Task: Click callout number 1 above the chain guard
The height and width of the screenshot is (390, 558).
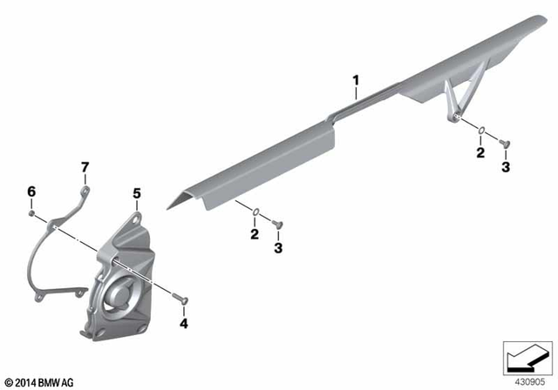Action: (356, 82)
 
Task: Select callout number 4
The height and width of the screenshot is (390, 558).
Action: (183, 323)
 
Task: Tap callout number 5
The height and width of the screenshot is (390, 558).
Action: (136, 192)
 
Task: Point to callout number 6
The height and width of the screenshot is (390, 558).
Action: (31, 192)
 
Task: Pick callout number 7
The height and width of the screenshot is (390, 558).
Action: (85, 166)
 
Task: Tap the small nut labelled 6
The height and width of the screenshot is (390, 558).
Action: (31, 212)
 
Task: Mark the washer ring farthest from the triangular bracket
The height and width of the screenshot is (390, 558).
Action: (255, 211)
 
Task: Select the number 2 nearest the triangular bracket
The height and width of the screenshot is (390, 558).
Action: (480, 154)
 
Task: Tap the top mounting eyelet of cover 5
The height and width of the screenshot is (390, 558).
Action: (137, 212)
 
